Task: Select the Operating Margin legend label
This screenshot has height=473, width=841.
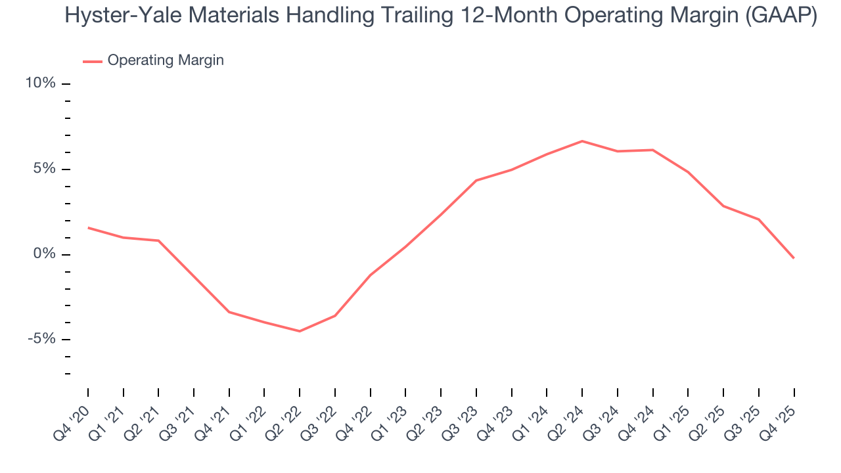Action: [166, 60]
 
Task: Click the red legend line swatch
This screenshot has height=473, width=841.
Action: [92, 61]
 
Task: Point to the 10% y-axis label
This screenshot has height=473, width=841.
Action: [41, 83]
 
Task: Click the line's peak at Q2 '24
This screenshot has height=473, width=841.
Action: [582, 141]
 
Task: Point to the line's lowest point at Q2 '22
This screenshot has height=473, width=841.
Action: [300, 331]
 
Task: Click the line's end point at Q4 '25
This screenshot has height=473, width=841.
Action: [794, 258]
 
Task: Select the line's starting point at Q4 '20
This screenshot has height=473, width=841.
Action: [88, 228]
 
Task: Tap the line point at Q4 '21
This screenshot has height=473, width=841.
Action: [229, 312]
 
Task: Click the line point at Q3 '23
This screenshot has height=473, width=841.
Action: [476, 180]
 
